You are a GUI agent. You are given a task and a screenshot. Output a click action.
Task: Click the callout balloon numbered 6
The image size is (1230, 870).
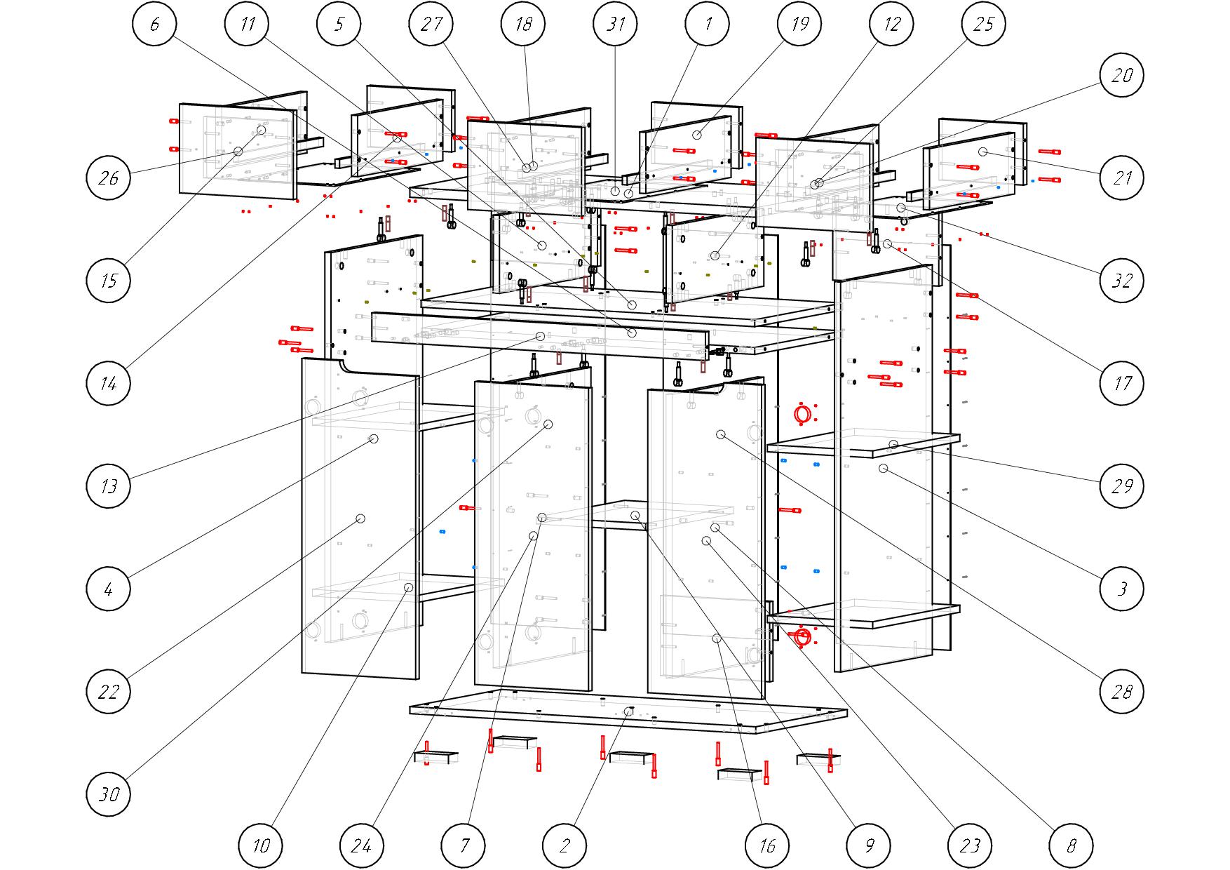coord(154,24)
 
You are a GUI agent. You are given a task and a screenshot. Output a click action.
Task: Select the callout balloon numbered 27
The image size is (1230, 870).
coord(431,24)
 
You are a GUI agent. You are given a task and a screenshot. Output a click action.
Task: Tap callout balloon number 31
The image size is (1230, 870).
coord(616,24)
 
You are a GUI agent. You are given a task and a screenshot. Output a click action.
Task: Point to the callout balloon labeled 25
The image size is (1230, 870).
coord(984,24)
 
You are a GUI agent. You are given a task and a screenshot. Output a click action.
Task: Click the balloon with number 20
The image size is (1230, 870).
coord(1122,75)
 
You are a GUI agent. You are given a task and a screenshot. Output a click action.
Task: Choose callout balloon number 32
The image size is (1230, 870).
coord(1122,281)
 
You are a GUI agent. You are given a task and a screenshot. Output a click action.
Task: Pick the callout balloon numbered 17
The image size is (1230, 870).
coord(1122,383)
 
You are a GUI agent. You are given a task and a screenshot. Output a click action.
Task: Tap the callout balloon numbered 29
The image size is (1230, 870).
coord(1122,486)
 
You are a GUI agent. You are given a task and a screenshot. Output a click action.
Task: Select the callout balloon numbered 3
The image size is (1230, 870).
coord(1122,588)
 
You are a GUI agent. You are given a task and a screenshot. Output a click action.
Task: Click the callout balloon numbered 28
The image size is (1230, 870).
coord(1122,692)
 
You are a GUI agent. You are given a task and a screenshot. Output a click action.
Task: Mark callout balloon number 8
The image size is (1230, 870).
coord(1071,845)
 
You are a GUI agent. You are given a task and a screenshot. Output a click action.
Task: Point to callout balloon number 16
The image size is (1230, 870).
coord(768,845)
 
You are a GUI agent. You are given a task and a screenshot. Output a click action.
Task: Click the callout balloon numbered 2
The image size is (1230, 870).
coord(565,845)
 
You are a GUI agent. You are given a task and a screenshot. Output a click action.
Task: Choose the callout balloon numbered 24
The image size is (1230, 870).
coord(362,845)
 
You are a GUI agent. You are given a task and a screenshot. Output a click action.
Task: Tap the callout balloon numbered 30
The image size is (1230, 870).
coord(109,794)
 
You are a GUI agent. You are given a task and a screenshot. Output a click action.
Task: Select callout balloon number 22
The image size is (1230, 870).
coord(109,692)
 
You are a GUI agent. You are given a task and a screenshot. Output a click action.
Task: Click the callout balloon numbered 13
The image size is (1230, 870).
coord(109,486)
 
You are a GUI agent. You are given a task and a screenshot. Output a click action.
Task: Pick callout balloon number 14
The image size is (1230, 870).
coord(109,383)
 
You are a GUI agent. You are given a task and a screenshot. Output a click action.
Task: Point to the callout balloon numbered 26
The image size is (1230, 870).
coord(109,178)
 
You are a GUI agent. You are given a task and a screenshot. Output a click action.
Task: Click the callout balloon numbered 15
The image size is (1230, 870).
coord(109,281)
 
